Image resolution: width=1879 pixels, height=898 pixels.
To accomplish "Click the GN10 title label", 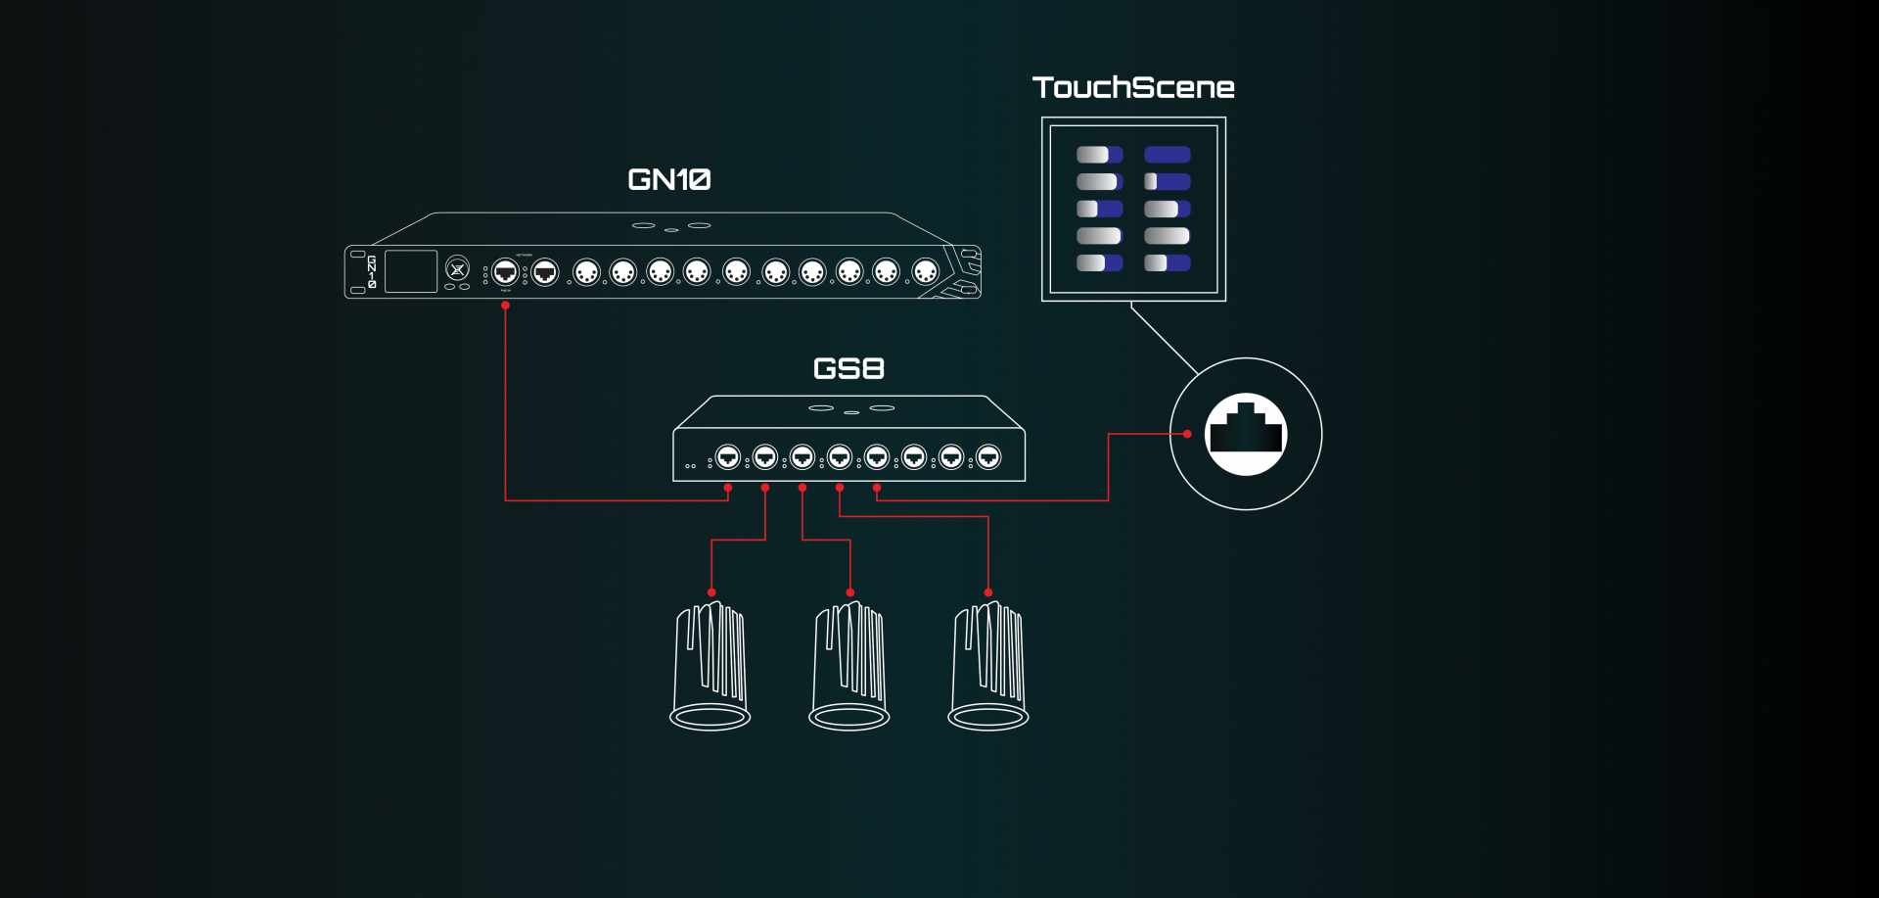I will pyautogui.click(x=669, y=179).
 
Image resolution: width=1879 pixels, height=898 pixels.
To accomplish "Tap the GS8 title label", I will pyautogui.click(x=848, y=368).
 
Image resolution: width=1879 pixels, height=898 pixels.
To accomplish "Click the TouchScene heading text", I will pyautogui.click(x=1133, y=87).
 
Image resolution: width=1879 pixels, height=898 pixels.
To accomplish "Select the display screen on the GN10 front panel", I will pyautogui.click(x=411, y=271).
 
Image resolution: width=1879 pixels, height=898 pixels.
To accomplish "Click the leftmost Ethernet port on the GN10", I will pyautogui.click(x=505, y=271).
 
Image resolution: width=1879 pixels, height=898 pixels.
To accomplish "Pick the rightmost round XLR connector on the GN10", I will pyautogui.click(x=925, y=271).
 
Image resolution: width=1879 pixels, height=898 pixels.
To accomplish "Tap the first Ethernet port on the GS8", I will pyautogui.click(x=727, y=456).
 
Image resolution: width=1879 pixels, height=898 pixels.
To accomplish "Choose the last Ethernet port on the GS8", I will pyautogui.click(x=988, y=456).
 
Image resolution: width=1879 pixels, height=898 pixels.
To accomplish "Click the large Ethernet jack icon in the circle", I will pyautogui.click(x=1246, y=434).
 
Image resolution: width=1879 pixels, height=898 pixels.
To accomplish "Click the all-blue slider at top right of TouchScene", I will pyautogui.click(x=1168, y=155).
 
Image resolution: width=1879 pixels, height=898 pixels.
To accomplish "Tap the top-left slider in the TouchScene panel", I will pyautogui.click(x=1099, y=155).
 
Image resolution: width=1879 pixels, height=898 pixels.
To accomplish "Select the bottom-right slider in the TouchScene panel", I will pyautogui.click(x=1168, y=262).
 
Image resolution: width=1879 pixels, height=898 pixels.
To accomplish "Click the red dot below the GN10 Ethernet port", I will pyautogui.click(x=505, y=306).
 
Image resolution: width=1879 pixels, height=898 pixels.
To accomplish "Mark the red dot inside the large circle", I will pyautogui.click(x=1187, y=434).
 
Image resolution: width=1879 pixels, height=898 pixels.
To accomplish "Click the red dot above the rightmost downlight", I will pyautogui.click(x=988, y=592).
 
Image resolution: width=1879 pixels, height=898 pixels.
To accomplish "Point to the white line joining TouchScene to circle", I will pyautogui.click(x=1165, y=339).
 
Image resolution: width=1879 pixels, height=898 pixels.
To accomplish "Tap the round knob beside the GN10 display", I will pyautogui.click(x=457, y=267).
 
